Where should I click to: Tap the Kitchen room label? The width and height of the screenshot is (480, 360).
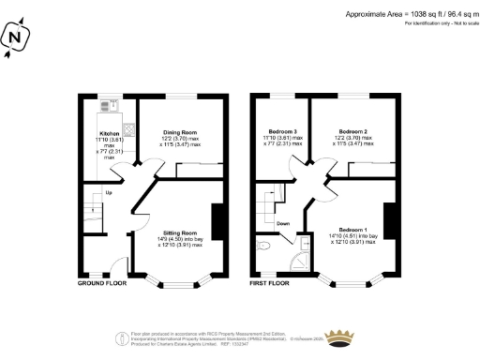point(112,134)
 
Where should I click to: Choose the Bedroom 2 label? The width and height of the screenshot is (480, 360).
point(352,131)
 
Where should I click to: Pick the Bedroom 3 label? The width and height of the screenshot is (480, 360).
point(283,131)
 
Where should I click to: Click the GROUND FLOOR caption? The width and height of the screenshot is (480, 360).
point(101,281)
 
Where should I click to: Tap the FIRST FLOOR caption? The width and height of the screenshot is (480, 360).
point(270,281)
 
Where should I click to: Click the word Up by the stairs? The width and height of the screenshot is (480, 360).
point(109,193)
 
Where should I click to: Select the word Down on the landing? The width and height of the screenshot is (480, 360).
point(282,223)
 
